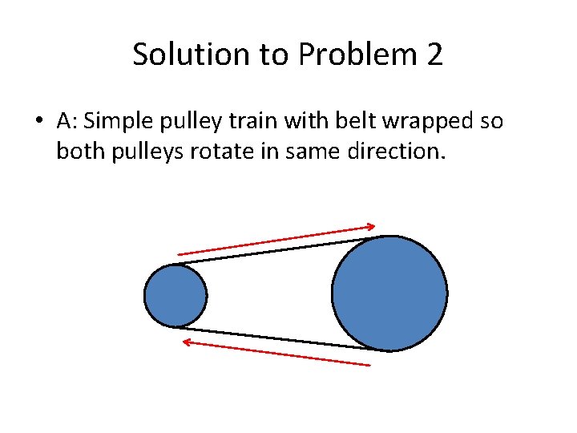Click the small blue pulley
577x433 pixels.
click(x=175, y=296)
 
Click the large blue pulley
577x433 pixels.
click(x=389, y=293)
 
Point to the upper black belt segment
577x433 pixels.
click(x=272, y=249)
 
